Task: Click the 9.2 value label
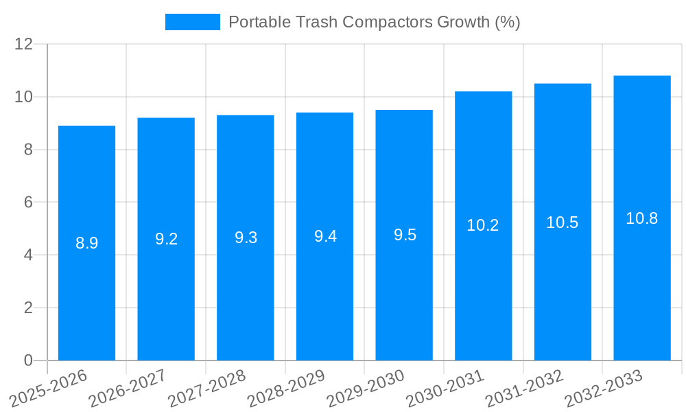166,239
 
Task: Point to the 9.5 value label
405,235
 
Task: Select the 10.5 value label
563,222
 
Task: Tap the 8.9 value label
86,243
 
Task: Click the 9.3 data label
246,238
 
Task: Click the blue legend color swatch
193,22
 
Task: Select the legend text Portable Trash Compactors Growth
374,22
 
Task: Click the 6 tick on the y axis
28,203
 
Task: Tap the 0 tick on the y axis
28,360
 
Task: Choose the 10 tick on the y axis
24,97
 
